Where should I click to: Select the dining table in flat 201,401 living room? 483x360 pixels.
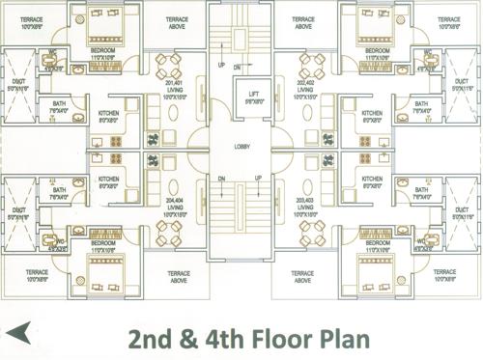click(167, 67)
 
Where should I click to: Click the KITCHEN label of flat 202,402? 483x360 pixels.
click(372, 117)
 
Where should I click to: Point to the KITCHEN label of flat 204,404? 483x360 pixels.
click(108, 180)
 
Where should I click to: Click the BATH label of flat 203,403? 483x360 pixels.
click(421, 193)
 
